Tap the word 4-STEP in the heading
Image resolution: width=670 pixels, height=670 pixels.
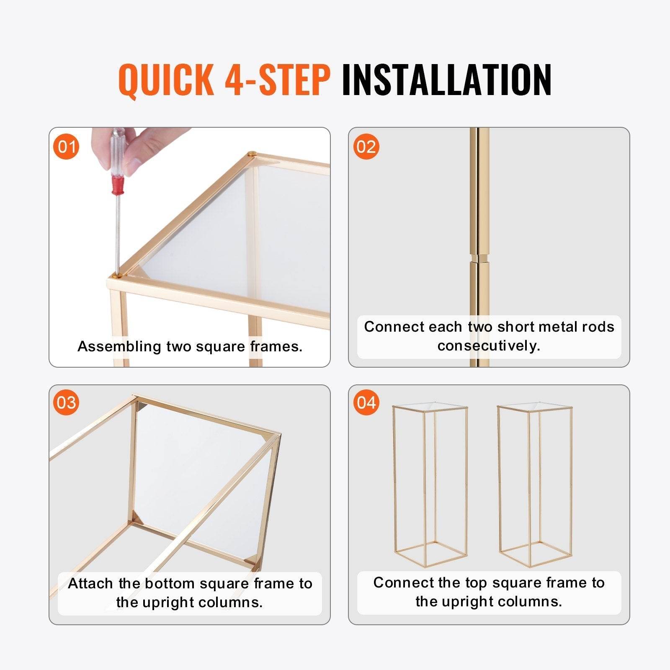tap(278, 79)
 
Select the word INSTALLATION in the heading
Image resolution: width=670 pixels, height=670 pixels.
tap(446, 79)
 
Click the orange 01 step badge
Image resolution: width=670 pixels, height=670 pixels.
tap(67, 147)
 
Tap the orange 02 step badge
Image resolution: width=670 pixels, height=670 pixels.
tap(366, 147)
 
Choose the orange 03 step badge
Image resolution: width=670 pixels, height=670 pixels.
tap(67, 402)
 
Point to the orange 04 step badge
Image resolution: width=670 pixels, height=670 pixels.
tap(366, 402)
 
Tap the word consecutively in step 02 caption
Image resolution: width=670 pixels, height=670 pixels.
tap(489, 346)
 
